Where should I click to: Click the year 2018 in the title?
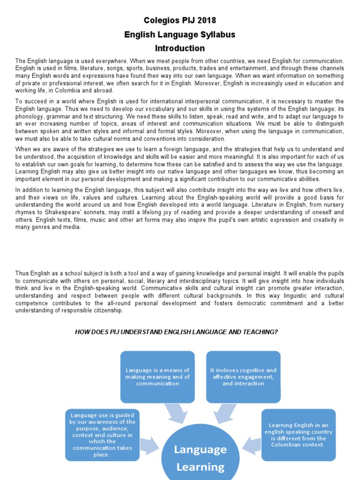207,21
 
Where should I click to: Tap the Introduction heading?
180,48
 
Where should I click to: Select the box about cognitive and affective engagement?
243,376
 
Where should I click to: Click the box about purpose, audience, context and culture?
102,435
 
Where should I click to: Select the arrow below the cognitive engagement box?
224,413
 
